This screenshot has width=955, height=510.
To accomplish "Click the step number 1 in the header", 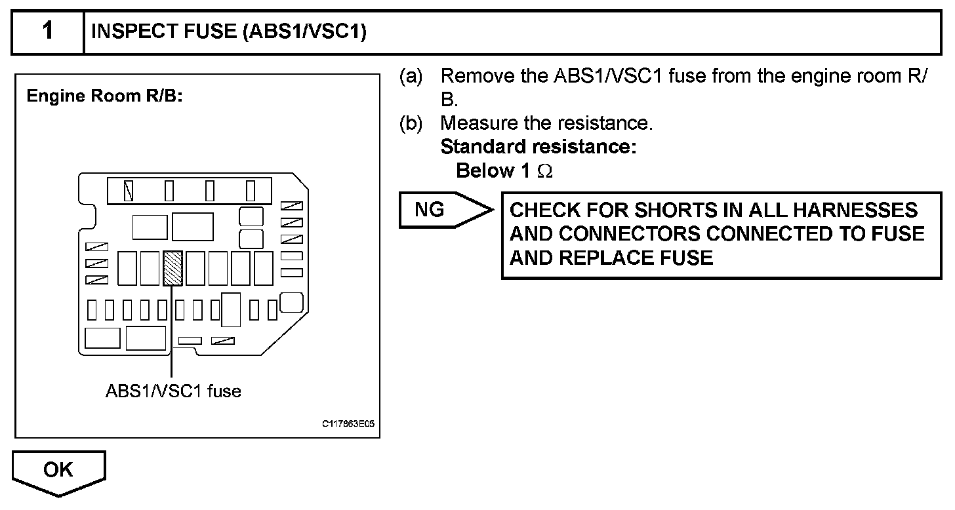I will [x=47, y=31].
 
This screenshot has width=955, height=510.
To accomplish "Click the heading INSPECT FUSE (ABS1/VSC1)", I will [x=228, y=32].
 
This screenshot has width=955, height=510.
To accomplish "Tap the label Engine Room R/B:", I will [x=104, y=96].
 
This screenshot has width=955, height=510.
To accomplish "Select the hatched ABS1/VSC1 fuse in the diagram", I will [x=173, y=267].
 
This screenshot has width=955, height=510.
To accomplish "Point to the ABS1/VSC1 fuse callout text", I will [x=173, y=392].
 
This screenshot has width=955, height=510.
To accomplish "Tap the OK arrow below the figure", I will [x=58, y=471].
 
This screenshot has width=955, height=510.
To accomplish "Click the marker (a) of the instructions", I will [x=411, y=76].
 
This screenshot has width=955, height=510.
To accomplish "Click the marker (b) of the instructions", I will [x=411, y=123].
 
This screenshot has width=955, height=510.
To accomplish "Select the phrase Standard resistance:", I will [x=538, y=147].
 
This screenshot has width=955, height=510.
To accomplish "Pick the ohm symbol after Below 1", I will [x=545, y=172].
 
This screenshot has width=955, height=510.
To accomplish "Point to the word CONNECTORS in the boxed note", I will [x=642, y=234].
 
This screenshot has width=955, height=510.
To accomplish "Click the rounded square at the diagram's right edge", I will [x=292, y=302].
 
